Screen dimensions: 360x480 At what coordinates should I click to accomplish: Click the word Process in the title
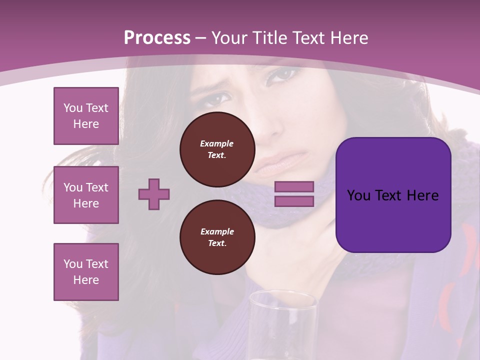(x=157, y=38)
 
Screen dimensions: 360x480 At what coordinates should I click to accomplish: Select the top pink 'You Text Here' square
(x=86, y=116)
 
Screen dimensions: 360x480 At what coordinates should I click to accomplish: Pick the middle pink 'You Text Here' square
(x=86, y=195)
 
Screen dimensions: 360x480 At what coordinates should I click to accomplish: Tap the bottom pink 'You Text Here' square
(x=86, y=272)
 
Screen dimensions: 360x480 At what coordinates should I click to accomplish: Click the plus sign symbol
(x=154, y=194)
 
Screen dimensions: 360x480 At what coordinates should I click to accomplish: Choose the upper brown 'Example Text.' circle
(x=217, y=149)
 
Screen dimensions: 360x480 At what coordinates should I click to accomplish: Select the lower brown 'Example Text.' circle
(x=217, y=237)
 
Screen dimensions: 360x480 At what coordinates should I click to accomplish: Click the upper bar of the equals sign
(x=294, y=186)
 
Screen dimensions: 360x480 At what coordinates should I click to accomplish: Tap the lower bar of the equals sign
(x=294, y=201)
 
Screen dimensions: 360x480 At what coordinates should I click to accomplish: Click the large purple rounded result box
(x=393, y=195)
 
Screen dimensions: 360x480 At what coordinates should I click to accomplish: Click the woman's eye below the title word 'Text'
(x=282, y=75)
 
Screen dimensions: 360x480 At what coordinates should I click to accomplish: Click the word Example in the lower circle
(x=217, y=231)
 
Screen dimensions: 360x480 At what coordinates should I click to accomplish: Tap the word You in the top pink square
(x=73, y=108)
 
